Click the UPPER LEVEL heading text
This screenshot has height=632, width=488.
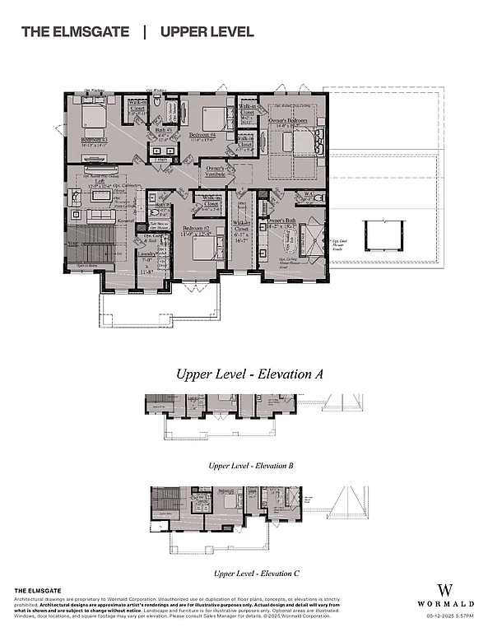(207, 32)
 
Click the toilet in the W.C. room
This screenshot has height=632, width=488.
(321, 199)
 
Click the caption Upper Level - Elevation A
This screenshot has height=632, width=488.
(248, 374)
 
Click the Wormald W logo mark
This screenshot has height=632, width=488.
(447, 590)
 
